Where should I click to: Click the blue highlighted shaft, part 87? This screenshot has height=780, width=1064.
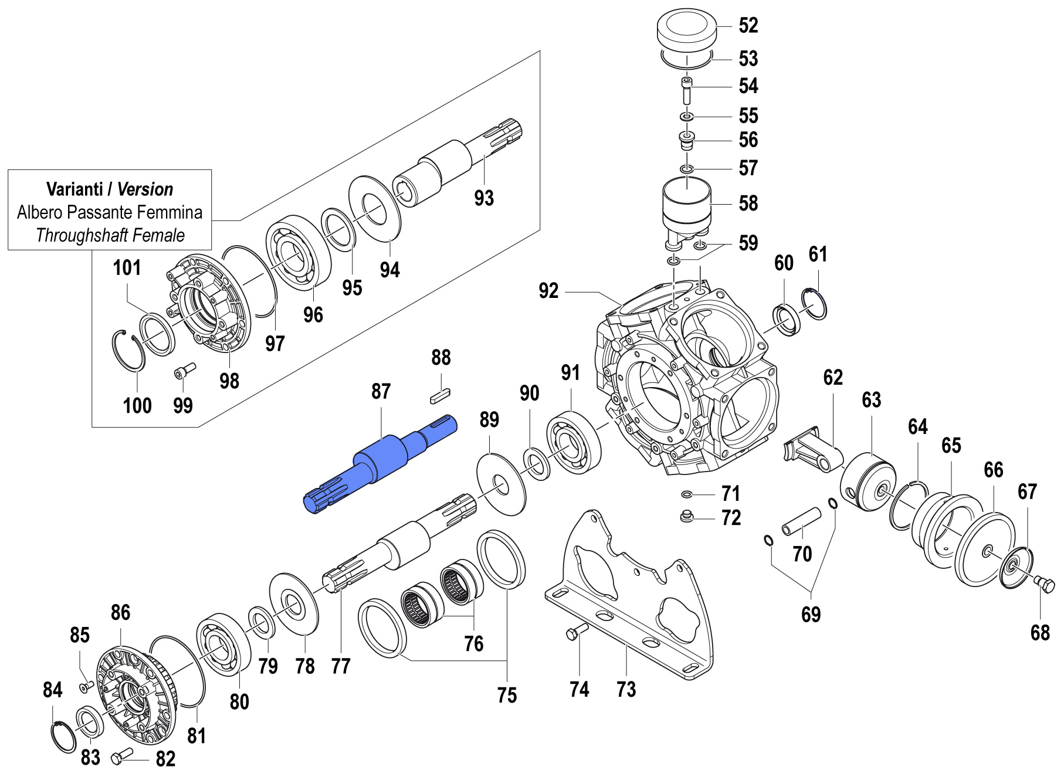[x=380, y=461]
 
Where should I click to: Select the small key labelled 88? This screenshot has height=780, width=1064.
[x=439, y=394]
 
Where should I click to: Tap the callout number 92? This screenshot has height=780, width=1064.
[x=548, y=291]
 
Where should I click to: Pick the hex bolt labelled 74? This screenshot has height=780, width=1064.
[x=577, y=632]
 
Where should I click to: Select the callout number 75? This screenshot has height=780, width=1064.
[x=507, y=696]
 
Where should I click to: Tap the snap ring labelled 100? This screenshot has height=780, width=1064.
[x=128, y=350]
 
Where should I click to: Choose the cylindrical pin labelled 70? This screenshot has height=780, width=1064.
[x=801, y=521]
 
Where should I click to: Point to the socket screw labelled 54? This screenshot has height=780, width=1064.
[x=687, y=90]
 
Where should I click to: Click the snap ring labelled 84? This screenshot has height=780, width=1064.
[x=62, y=737]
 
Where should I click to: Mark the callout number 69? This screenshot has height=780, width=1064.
[x=811, y=615]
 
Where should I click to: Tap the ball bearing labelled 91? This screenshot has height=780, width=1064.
[x=574, y=442]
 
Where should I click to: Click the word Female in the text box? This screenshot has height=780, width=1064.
[x=158, y=235]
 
